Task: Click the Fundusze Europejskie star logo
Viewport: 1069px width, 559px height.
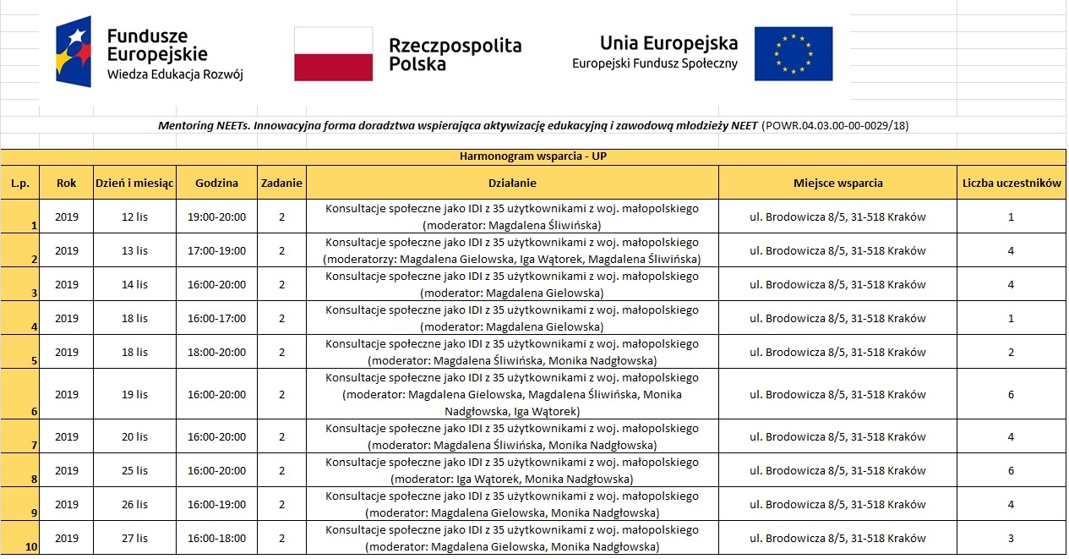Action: pyautogui.click(x=73, y=51)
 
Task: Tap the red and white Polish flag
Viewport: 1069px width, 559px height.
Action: pyautogui.click(x=333, y=53)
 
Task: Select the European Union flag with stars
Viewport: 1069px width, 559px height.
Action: pyautogui.click(x=793, y=53)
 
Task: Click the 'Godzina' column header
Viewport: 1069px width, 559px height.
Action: pyautogui.click(x=216, y=183)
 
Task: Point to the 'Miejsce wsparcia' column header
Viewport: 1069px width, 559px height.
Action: pyautogui.click(x=837, y=183)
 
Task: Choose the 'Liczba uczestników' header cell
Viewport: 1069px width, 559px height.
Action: pyautogui.click(x=1011, y=183)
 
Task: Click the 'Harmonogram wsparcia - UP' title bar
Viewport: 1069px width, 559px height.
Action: pyautogui.click(x=532, y=157)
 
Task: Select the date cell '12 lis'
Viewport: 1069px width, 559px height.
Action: pyautogui.click(x=134, y=216)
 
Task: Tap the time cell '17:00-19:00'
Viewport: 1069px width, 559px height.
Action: pyautogui.click(x=216, y=250)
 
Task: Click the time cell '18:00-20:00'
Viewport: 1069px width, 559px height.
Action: pyautogui.click(x=216, y=352)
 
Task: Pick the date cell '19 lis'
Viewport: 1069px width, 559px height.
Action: pyautogui.click(x=134, y=394)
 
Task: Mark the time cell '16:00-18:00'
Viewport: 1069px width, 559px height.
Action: pyautogui.click(x=216, y=538)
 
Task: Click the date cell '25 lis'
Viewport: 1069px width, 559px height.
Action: pyautogui.click(x=134, y=470)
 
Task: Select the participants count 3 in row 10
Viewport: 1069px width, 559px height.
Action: pyautogui.click(x=1011, y=538)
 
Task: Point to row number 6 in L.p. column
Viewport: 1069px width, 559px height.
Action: pyautogui.click(x=33, y=412)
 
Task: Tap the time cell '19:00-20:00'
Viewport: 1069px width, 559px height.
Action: pyautogui.click(x=216, y=216)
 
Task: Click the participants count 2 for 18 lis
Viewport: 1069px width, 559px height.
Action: pyautogui.click(x=1011, y=352)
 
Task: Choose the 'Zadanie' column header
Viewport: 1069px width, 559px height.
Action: pyautogui.click(x=282, y=183)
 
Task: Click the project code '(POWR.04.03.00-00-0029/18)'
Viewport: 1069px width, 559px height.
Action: pyautogui.click(x=835, y=126)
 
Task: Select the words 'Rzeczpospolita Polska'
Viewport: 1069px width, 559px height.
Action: pyautogui.click(x=455, y=54)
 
